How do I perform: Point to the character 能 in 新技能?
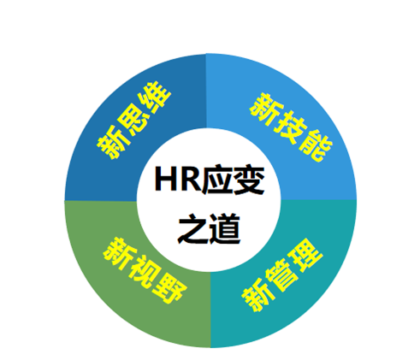(x=316, y=145)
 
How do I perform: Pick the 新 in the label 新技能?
(x=266, y=109)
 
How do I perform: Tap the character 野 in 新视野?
(x=169, y=288)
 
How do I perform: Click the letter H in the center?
(x=165, y=180)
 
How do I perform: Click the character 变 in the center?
(x=249, y=180)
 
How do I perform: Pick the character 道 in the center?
(x=224, y=229)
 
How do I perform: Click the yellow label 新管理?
(x=282, y=275)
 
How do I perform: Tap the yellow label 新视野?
(x=145, y=270)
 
